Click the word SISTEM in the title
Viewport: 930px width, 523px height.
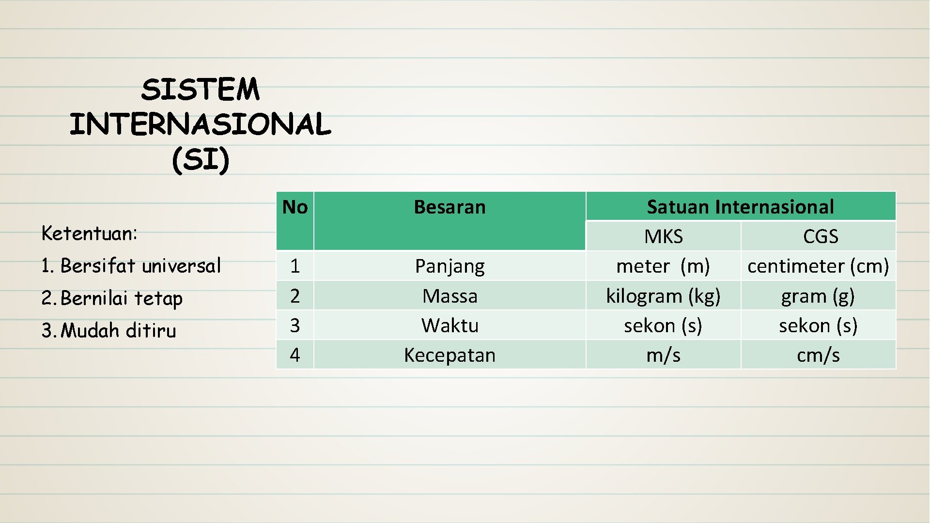pos(200,90)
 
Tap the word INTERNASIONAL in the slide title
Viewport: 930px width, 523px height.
pos(200,124)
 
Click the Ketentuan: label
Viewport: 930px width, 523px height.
pos(90,233)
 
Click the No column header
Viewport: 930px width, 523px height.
pos(294,207)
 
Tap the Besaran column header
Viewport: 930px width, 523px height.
pos(449,207)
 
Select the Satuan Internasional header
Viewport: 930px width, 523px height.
pos(740,207)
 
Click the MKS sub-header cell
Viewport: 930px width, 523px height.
pos(663,236)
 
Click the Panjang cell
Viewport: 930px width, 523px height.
pos(449,266)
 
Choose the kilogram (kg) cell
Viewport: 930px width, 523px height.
pos(663,296)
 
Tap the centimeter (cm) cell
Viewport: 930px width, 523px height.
pos(818,266)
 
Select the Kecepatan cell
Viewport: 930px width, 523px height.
pos(449,355)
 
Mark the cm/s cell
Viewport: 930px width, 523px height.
pos(818,355)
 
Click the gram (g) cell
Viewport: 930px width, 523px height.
pos(818,296)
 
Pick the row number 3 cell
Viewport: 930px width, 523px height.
pos(294,325)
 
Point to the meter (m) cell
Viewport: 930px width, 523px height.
pos(663,266)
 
